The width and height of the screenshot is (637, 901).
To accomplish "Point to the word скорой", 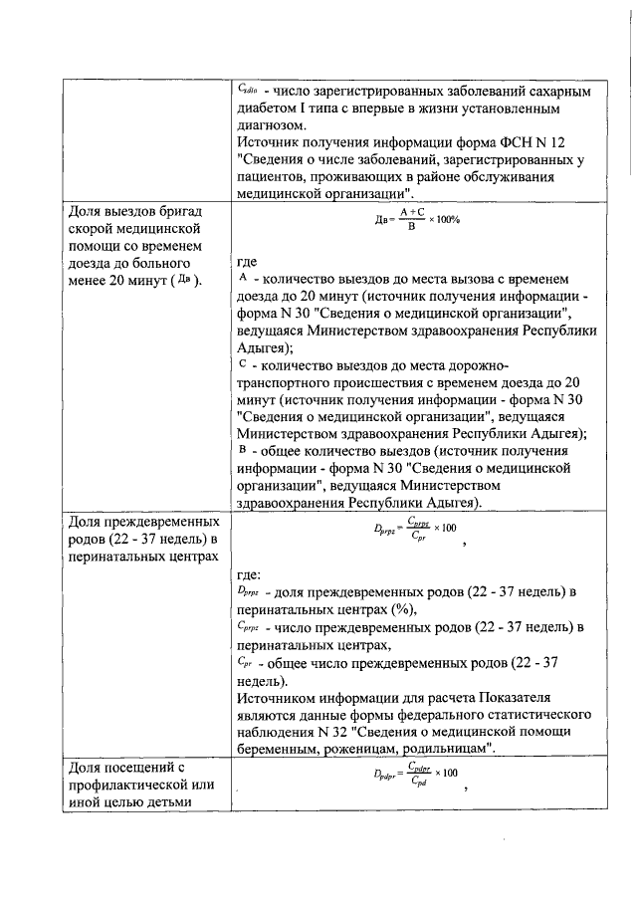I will coord(90,229).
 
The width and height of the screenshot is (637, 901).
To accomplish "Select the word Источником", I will coord(284,698).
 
